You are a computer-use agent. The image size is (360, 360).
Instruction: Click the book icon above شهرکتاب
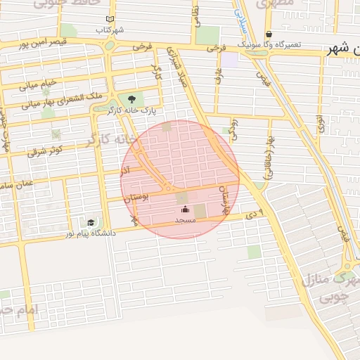[109, 20]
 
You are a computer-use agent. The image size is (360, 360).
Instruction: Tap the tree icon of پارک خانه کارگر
[131, 98]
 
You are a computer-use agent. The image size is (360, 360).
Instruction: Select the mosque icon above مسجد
[185, 210]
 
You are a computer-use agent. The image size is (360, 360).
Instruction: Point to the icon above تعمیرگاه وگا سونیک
[269, 34]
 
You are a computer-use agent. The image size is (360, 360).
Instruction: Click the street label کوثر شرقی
[45, 149]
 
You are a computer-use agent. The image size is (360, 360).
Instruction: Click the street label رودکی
[234, 131]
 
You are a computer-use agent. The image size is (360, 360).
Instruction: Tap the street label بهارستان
[225, 200]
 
